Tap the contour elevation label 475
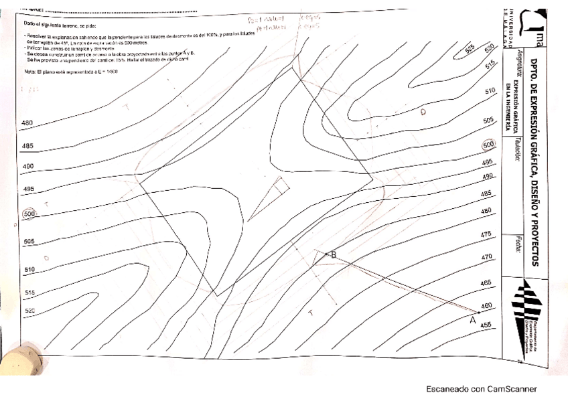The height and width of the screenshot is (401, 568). [486, 235]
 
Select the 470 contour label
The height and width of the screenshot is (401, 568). [487, 257]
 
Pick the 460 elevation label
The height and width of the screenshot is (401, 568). [487, 306]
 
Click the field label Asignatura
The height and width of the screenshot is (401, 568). [518, 68]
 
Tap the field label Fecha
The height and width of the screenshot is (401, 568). [518, 241]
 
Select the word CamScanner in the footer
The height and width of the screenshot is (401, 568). [512, 389]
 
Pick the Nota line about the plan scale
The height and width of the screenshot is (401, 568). [66, 71]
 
